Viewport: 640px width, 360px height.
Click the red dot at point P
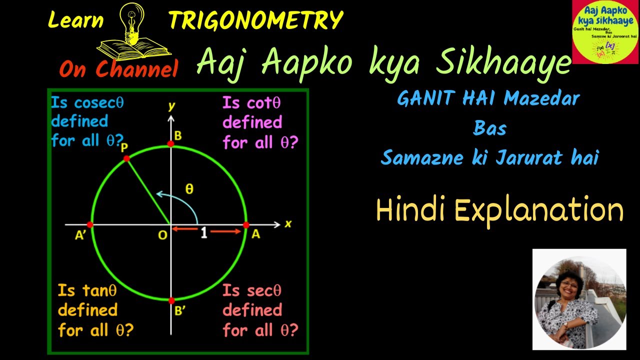[x=126, y=158]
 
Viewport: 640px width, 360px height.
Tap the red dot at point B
[x=171, y=144]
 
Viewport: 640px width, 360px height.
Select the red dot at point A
[x=246, y=225]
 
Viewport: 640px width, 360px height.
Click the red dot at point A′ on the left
[x=90, y=225]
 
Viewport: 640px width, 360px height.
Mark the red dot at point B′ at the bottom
[x=171, y=300]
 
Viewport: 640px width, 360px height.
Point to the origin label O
[x=162, y=235]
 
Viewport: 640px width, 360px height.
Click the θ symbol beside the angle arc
[x=189, y=189]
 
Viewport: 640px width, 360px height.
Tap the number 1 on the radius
[x=203, y=233]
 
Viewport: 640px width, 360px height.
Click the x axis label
[x=288, y=223]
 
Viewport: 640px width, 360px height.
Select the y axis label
[x=171, y=105]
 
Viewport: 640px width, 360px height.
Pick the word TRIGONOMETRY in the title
[x=255, y=20]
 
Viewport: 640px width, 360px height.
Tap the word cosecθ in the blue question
[x=99, y=103]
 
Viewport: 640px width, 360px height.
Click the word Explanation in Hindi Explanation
[x=539, y=210]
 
